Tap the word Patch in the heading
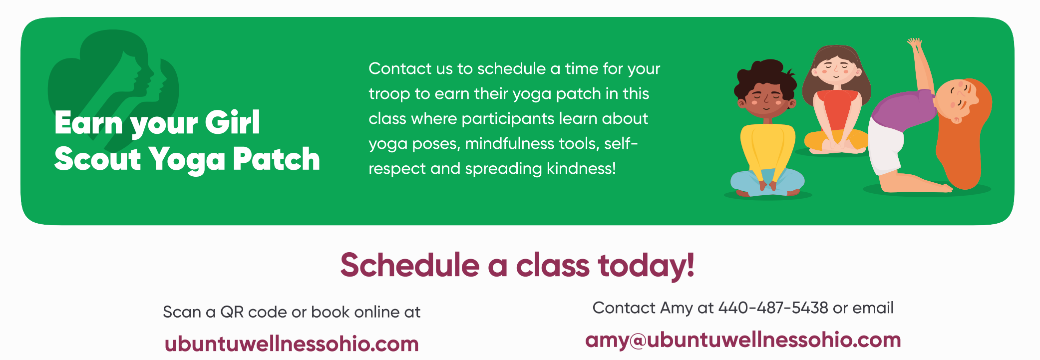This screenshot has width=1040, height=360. [276, 159]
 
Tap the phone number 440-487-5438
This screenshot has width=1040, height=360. [773, 308]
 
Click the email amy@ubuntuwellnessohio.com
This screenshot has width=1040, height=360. [743, 340]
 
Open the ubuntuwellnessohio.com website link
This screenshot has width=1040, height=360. [292, 344]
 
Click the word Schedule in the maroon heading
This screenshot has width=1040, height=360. [410, 265]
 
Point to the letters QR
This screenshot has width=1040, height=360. [232, 312]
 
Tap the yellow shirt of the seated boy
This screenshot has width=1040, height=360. [767, 150]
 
